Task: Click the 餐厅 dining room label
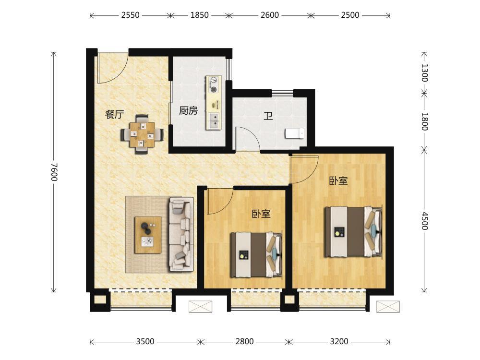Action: [115, 115]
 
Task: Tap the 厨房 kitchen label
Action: [189, 110]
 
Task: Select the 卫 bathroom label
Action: [268, 116]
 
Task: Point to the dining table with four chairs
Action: [142, 134]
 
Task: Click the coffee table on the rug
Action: [148, 235]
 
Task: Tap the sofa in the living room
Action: [181, 234]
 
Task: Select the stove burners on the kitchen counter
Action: [214, 84]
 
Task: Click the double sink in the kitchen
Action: [214, 120]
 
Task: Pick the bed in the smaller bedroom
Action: [256, 255]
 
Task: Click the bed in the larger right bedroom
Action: [353, 231]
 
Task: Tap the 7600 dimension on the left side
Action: [54, 172]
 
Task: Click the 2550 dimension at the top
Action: [131, 15]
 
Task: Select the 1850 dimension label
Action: [200, 15]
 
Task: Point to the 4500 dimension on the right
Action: [424, 220]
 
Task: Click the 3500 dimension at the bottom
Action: [145, 341]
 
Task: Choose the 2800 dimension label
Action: [245, 341]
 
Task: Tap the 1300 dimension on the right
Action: [424, 72]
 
